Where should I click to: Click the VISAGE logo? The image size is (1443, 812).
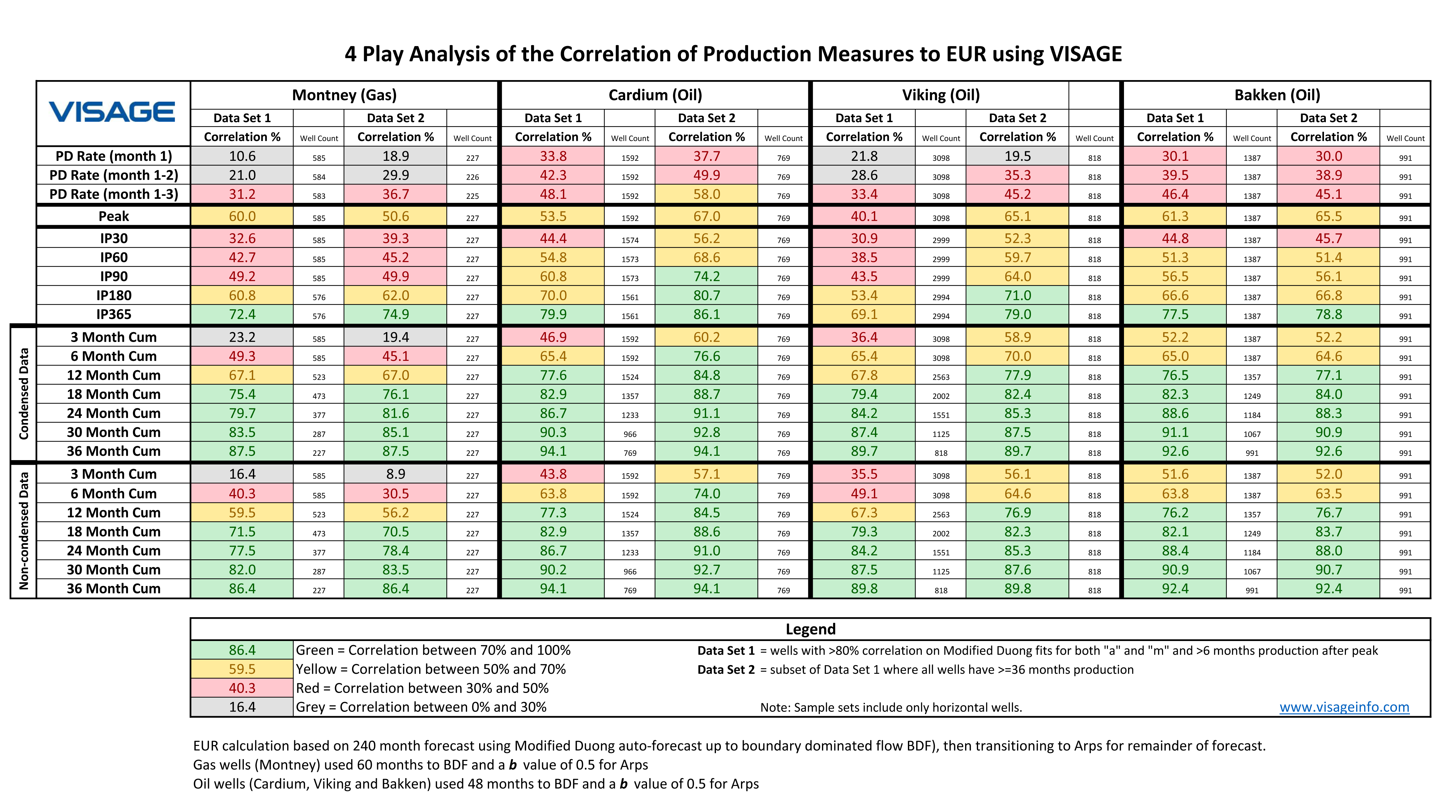(x=112, y=112)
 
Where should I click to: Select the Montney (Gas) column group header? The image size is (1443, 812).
(x=344, y=95)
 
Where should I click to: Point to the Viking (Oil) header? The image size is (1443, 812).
(x=941, y=95)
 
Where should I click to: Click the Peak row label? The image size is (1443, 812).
(x=114, y=216)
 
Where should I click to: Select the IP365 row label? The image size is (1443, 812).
(x=114, y=314)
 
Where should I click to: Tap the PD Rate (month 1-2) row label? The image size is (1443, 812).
(x=114, y=175)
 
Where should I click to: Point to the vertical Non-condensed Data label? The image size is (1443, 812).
(x=23, y=531)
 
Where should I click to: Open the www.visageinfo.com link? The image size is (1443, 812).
(x=1344, y=707)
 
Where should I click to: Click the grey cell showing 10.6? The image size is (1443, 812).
(x=242, y=156)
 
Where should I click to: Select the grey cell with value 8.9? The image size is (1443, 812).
(x=395, y=474)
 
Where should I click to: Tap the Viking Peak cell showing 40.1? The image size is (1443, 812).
(x=864, y=216)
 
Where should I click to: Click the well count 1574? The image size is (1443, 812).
(x=630, y=240)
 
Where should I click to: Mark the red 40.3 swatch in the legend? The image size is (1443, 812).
(x=242, y=688)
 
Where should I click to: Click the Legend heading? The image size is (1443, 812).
(x=810, y=629)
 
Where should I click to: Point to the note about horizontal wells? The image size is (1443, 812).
(x=891, y=708)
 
